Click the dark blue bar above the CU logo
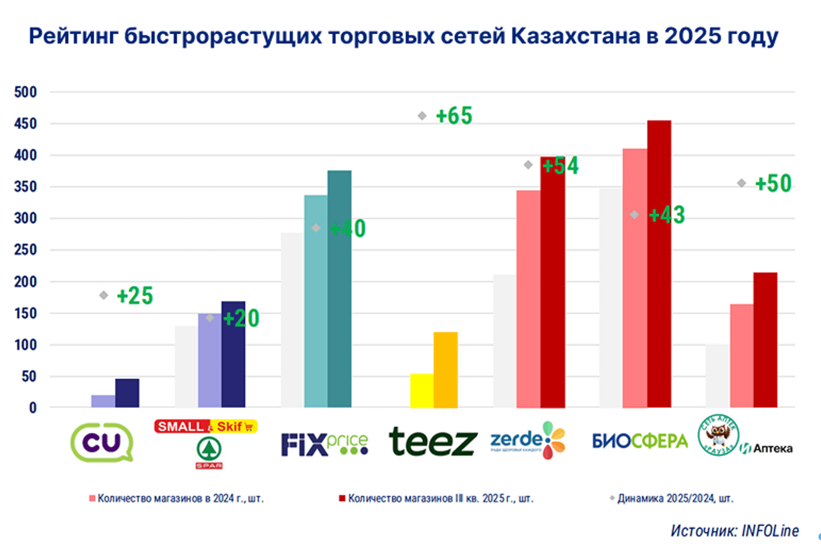click(127, 393)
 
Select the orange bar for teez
click(446, 370)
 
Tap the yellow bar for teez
click(422, 390)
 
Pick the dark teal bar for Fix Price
click(340, 289)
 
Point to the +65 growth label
click(454, 116)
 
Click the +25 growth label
click(135, 296)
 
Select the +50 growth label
click(773, 183)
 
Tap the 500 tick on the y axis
click(26, 92)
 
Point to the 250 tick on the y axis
click(26, 250)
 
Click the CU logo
click(102, 442)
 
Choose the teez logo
click(433, 441)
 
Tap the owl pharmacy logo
click(718, 435)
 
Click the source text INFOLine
click(735, 531)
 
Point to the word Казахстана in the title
click(576, 36)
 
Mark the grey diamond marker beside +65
click(422, 116)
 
